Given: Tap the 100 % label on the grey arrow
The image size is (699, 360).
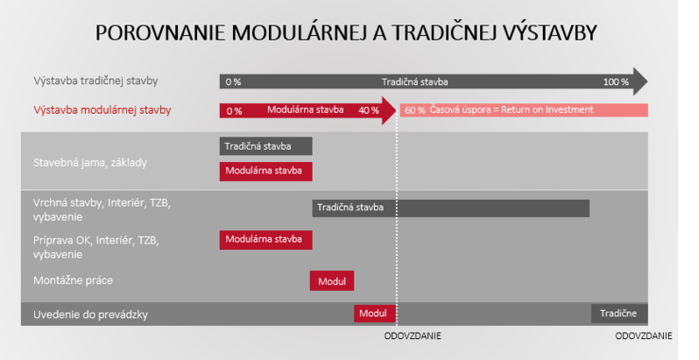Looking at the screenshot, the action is (616, 82).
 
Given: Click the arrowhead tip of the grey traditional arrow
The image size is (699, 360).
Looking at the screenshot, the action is (647, 81).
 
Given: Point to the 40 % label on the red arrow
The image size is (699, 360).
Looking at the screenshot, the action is (369, 110).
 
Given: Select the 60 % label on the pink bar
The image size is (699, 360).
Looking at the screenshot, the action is (415, 110).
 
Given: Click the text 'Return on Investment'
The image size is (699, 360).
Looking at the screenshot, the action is (547, 109).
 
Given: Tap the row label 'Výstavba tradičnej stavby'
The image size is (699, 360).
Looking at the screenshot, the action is (95, 81).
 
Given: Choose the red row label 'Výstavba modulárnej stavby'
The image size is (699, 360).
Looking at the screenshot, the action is (102, 110).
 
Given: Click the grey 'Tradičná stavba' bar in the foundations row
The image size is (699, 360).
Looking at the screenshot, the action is (265, 146).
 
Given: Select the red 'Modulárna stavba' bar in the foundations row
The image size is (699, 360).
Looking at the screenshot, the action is (265, 171).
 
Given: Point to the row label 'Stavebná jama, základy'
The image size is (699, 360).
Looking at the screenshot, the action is (90, 163).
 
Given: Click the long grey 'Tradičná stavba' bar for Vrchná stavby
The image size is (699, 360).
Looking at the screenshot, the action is (451, 208).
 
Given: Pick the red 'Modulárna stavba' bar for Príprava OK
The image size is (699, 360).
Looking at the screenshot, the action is (265, 240).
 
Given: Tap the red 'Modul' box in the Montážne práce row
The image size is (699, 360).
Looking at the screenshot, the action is (332, 280).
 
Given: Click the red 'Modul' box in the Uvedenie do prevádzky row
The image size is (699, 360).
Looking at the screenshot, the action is (375, 314).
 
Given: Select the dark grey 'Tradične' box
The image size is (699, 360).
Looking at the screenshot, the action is (619, 314).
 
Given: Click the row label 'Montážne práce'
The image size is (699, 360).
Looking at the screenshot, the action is (73, 280).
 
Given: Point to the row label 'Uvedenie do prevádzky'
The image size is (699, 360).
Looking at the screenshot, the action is (90, 314).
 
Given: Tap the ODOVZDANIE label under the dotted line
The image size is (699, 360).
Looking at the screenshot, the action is (413, 336).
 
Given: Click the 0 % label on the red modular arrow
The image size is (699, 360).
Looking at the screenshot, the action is (234, 111).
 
